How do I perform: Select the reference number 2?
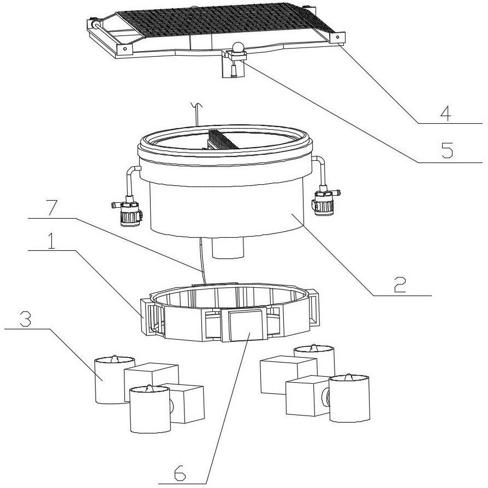[400, 284]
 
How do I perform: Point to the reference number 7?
[54, 208]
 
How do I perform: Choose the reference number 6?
[180, 473]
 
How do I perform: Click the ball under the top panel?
[237, 47]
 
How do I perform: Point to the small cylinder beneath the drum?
[228, 248]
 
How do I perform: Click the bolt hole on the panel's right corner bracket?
[337, 37]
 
